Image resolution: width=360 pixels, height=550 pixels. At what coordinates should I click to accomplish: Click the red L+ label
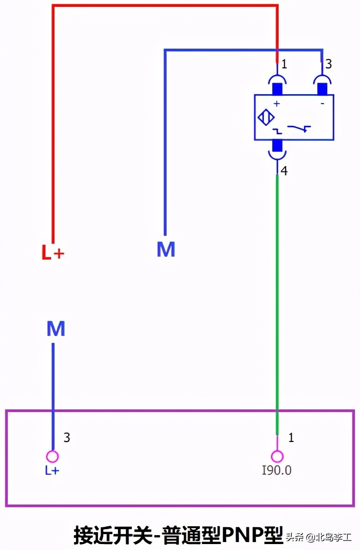pyautogui.click(x=53, y=252)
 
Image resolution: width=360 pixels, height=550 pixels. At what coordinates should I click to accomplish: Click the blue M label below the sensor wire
pyautogui.click(x=166, y=249)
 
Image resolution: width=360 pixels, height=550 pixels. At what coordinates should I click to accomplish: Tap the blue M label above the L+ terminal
pyautogui.click(x=56, y=329)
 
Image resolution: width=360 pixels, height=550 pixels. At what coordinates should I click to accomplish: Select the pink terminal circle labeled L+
pyautogui.click(x=53, y=456)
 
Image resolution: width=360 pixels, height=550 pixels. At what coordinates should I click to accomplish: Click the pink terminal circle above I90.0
pyautogui.click(x=277, y=456)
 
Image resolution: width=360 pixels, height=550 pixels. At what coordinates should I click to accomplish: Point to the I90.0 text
pyautogui.click(x=277, y=470)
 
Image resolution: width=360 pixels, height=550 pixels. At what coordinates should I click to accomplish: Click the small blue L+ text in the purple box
pyautogui.click(x=52, y=470)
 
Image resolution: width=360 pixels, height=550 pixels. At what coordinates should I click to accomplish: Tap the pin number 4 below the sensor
pyautogui.click(x=284, y=171)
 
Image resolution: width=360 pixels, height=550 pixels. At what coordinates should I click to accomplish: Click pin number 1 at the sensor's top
pyautogui.click(x=284, y=64)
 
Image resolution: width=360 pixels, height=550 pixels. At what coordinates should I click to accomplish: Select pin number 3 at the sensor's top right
pyautogui.click(x=328, y=64)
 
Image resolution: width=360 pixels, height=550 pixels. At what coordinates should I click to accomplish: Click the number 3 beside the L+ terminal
pyautogui.click(x=66, y=438)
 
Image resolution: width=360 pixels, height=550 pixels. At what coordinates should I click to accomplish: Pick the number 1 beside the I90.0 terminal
pyautogui.click(x=291, y=438)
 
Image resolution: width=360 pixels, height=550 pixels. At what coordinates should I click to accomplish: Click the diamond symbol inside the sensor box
pyautogui.click(x=266, y=117)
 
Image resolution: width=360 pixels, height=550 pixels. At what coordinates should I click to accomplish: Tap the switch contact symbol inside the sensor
pyautogui.click(x=299, y=128)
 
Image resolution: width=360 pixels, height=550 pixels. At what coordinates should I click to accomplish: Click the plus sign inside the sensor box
pyautogui.click(x=277, y=104)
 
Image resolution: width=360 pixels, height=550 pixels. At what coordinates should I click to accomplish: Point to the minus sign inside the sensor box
pyautogui.click(x=322, y=104)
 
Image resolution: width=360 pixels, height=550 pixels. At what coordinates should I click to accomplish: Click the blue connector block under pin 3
pyautogui.click(x=322, y=89)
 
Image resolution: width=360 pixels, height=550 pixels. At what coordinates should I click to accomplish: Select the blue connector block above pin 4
pyautogui.click(x=277, y=145)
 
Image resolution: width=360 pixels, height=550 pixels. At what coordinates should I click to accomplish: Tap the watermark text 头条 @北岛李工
pyautogui.click(x=319, y=537)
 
